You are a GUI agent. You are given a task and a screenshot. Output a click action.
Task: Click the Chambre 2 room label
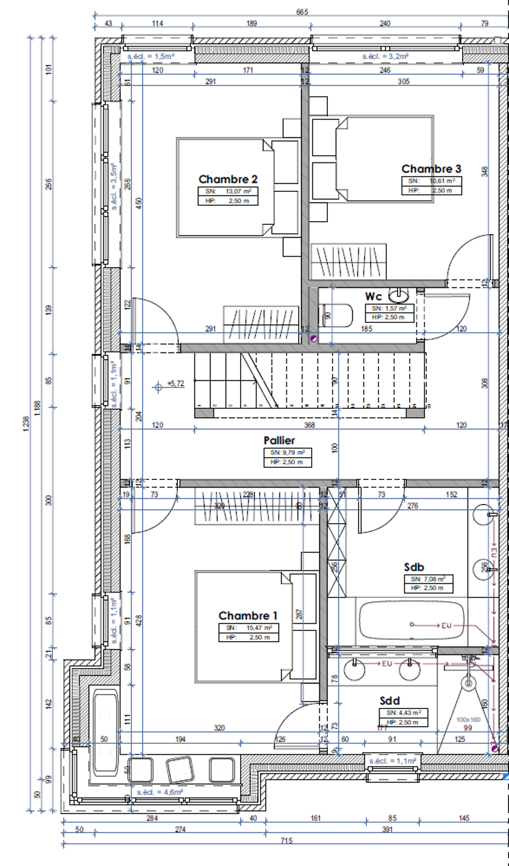click(228, 179)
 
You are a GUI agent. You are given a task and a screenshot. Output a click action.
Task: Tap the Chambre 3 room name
click(431, 169)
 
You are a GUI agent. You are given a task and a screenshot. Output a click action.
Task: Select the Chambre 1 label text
click(248, 616)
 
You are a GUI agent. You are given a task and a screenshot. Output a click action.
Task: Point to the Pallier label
click(279, 441)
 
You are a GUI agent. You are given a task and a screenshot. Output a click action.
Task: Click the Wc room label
click(373, 296)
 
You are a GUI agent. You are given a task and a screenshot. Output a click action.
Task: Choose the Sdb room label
click(415, 567)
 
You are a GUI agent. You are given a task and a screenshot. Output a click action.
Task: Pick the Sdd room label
click(390, 701)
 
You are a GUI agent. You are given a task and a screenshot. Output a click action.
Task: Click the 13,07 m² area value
click(238, 191)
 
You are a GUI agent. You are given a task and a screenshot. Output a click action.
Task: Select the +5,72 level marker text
click(176, 383)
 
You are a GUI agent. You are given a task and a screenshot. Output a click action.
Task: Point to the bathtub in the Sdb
click(412, 623)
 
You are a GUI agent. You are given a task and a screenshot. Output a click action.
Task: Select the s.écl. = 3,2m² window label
click(385, 57)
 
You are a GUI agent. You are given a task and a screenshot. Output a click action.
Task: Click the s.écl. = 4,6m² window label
click(159, 792)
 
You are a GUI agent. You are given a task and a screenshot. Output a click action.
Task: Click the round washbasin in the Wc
click(398, 295)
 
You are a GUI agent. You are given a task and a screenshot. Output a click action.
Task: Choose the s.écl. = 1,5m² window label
click(151, 57)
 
